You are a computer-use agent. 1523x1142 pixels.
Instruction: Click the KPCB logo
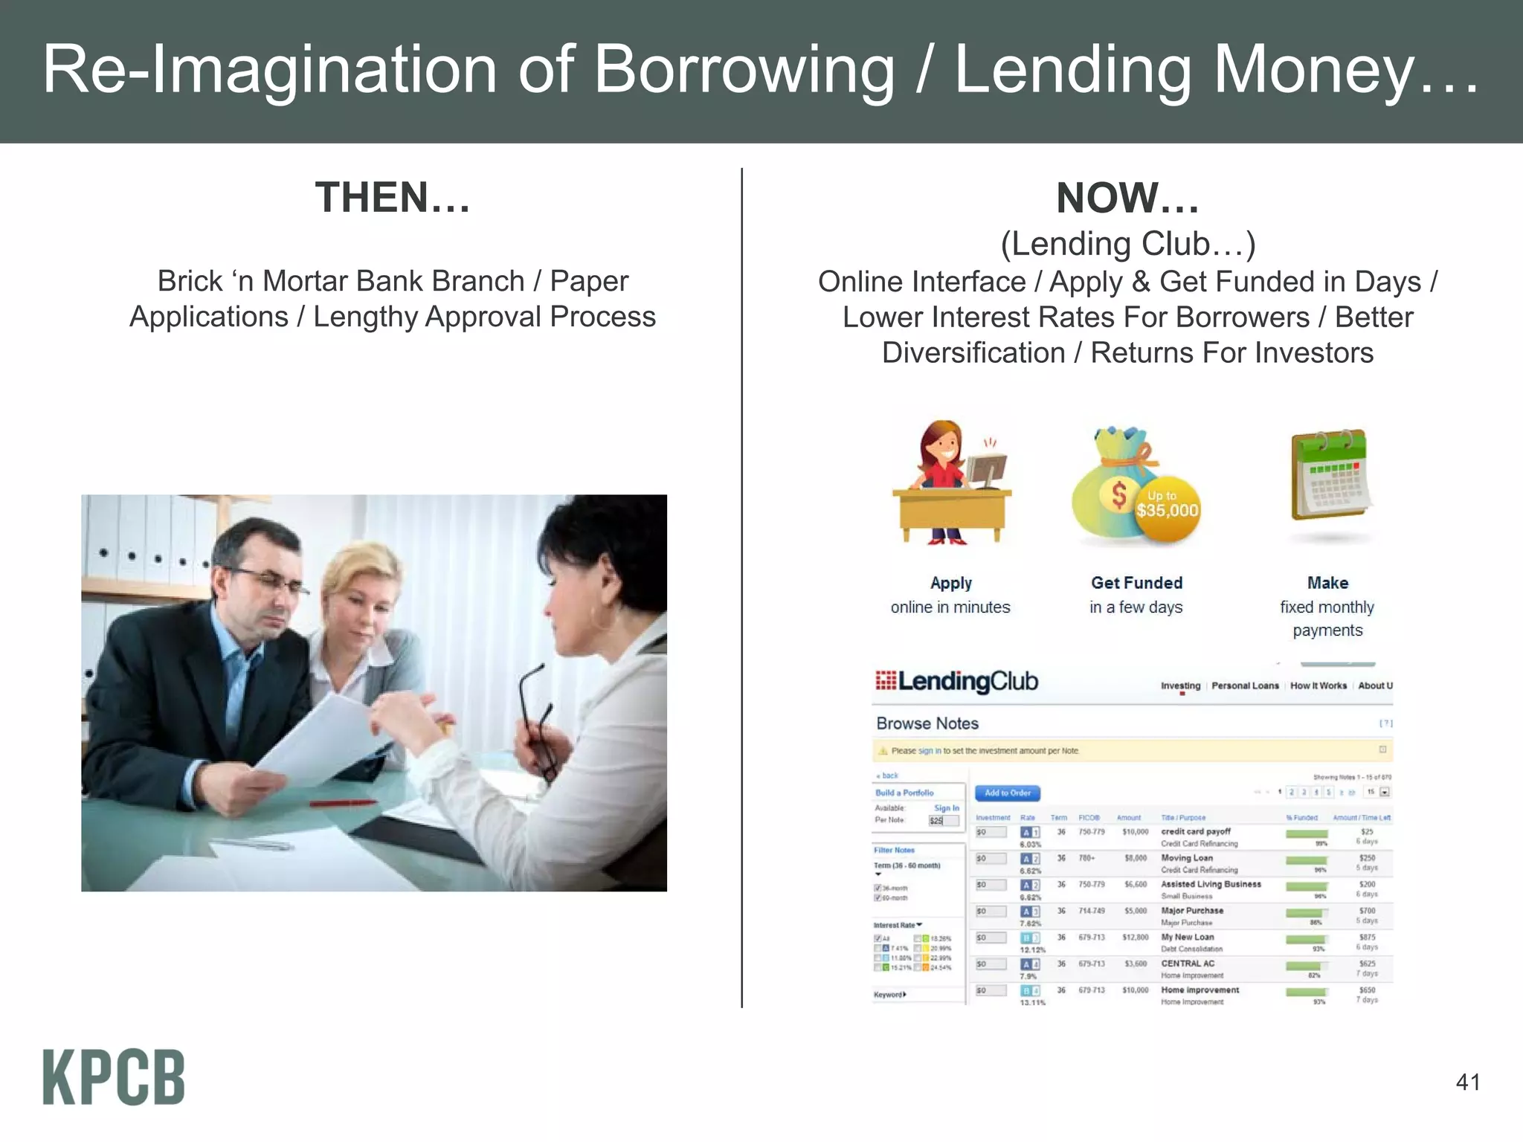tap(114, 1077)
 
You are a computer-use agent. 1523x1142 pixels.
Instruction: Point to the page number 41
tap(1467, 1082)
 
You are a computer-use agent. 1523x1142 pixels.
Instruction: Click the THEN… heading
tap(393, 198)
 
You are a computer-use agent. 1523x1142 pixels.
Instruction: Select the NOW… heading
tap(1127, 198)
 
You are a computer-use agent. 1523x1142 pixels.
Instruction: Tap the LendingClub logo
tap(956, 681)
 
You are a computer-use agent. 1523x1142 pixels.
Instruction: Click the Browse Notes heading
tap(927, 723)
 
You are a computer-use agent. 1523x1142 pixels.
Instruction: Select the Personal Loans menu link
tap(1245, 685)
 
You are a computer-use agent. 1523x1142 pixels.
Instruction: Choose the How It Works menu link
tap(1318, 685)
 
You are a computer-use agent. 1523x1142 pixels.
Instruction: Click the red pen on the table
tap(343, 803)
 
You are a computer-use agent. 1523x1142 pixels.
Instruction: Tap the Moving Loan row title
tap(1187, 858)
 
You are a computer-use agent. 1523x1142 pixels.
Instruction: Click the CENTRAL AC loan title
tap(1188, 964)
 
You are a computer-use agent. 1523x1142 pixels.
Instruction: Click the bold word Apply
tap(950, 583)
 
